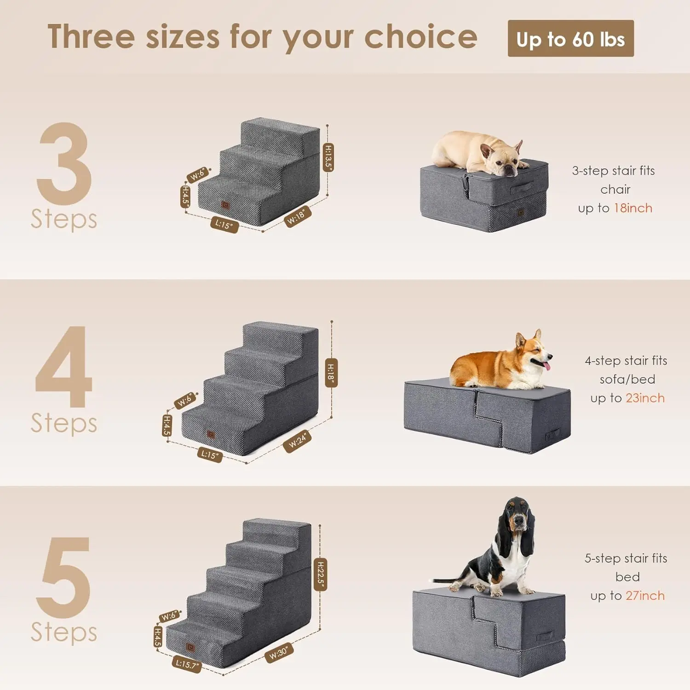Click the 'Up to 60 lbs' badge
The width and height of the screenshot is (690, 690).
(x=570, y=39)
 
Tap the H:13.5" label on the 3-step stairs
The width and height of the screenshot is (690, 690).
(x=328, y=157)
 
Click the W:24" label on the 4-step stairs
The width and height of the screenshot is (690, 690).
(x=298, y=442)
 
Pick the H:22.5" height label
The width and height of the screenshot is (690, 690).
(x=320, y=575)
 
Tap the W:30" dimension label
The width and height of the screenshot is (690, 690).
(x=279, y=652)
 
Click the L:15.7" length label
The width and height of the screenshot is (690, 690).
(x=187, y=664)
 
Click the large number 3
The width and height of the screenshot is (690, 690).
(x=64, y=163)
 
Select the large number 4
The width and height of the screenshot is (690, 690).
(x=64, y=367)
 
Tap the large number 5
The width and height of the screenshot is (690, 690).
(x=64, y=577)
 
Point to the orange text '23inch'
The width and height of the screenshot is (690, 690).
(x=645, y=398)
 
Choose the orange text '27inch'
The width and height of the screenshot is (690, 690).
(x=645, y=596)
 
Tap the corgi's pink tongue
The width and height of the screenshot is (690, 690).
(x=546, y=365)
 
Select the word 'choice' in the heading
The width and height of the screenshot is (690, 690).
(x=420, y=37)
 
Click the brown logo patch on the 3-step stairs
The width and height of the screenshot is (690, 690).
(x=225, y=205)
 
